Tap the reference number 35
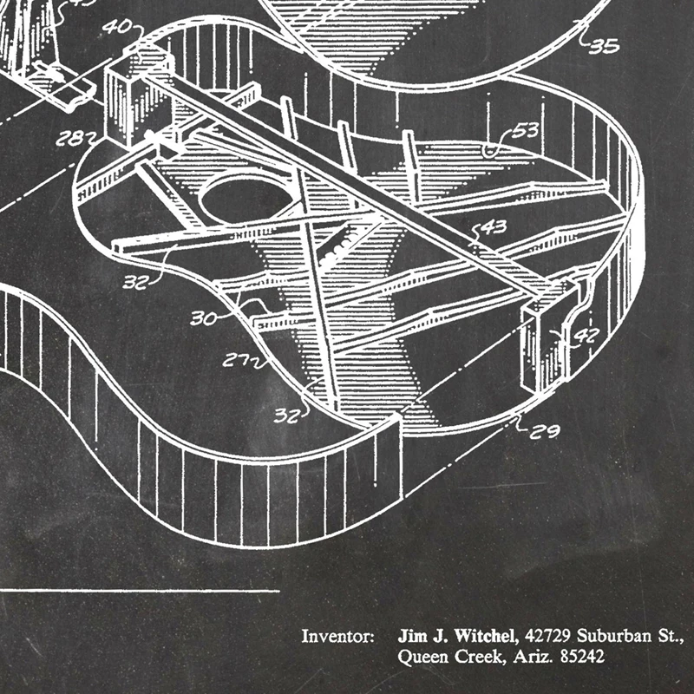tap(605, 45)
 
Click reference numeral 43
tap(493, 229)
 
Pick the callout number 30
tap(204, 318)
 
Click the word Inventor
tap(337, 637)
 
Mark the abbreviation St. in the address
tap(672, 637)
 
